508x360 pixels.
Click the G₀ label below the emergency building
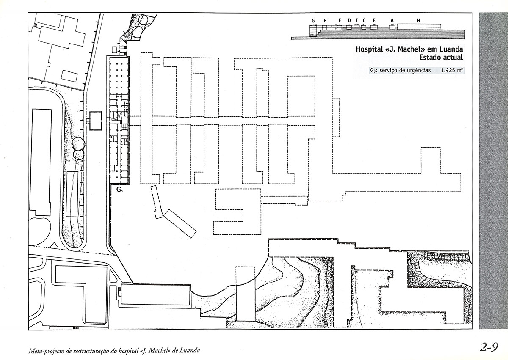(119, 190)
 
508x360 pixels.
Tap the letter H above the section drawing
(418, 21)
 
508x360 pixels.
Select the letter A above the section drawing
(392, 21)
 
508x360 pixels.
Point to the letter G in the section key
(313, 21)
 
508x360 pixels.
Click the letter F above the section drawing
(325, 21)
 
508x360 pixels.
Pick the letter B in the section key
(374, 21)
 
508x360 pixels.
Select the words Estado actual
(441, 57)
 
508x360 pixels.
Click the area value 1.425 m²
(452, 71)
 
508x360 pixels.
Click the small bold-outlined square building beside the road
(96, 121)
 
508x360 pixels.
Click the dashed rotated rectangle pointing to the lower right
(180, 223)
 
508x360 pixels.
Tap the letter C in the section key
(364, 21)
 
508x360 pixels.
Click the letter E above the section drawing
(340, 21)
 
